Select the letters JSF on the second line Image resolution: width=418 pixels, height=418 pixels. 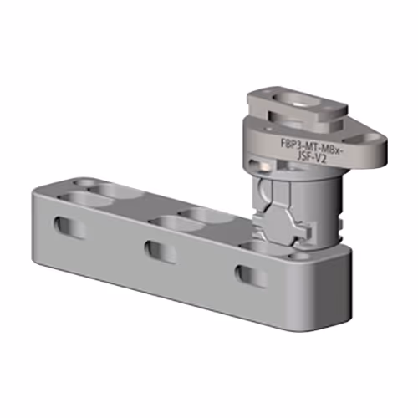click(x=303, y=156)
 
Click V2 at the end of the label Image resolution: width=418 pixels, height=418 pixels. click(x=320, y=160)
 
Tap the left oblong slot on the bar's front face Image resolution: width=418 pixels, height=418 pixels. click(x=69, y=227)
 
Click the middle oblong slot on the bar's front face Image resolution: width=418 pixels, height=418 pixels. click(x=161, y=252)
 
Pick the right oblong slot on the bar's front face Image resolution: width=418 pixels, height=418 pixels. click(x=250, y=276)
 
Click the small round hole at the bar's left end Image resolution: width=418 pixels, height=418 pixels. click(x=84, y=184)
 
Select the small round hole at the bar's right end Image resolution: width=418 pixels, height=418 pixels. click(x=299, y=256)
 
